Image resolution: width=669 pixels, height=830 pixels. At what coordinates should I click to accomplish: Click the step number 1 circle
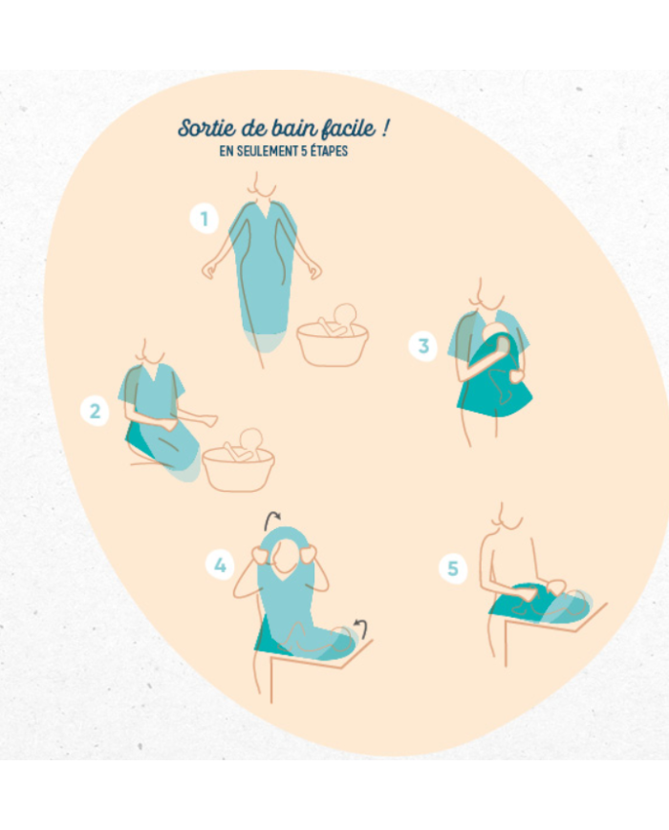[205, 218]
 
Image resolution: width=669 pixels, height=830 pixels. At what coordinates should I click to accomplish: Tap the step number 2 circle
[95, 412]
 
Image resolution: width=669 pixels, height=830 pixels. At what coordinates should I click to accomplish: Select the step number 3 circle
[423, 346]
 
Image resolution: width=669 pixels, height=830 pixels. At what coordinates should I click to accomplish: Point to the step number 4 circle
[220, 565]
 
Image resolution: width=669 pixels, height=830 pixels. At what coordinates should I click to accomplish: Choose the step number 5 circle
[453, 569]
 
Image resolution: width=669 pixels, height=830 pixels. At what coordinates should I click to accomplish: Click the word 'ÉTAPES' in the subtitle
[329, 151]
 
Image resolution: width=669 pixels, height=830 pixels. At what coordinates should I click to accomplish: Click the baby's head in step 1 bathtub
[345, 314]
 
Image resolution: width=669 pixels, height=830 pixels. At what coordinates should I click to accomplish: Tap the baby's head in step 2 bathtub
[250, 440]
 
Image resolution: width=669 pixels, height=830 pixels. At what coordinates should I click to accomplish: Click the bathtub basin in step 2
[238, 470]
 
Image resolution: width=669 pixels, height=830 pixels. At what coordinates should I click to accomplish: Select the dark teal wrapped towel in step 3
[494, 375]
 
